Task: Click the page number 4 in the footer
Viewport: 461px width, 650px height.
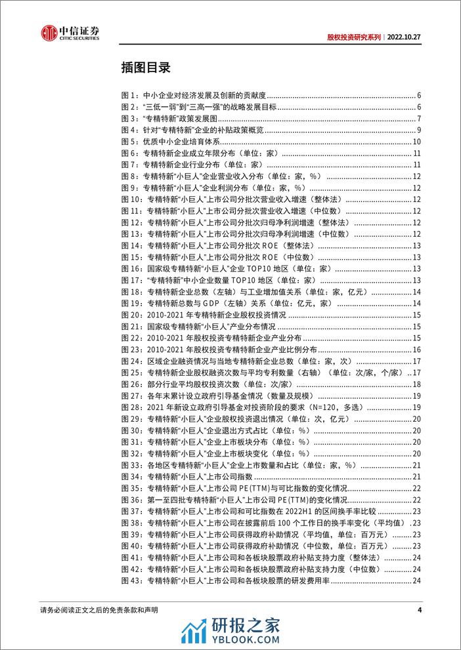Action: pos(419,609)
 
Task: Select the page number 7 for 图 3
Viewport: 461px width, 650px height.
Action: pos(418,119)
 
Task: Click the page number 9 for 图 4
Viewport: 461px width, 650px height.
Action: pos(418,131)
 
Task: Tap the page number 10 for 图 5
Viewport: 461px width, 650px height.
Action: pos(416,142)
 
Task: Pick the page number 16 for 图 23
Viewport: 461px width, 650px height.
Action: pos(416,348)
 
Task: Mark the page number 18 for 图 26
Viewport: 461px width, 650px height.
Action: pos(416,383)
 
